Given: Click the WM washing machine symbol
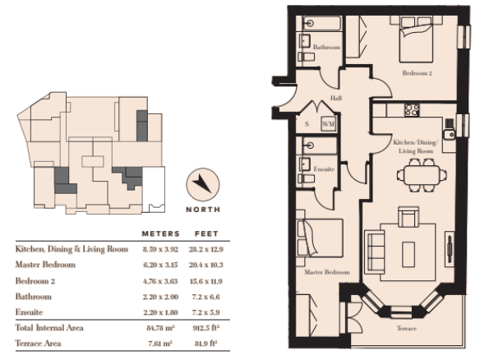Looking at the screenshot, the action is (328, 124).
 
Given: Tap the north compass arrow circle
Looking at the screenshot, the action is (203, 184).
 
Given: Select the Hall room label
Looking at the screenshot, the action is (336, 98).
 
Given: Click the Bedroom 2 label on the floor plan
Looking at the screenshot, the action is (417, 73).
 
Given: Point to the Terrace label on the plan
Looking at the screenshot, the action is (407, 328).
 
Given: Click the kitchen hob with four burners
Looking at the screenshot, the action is (412, 110).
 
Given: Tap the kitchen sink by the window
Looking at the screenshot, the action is (450, 134).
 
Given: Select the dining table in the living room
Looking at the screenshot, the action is (422, 175).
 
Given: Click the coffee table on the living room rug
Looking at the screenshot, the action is (408, 254).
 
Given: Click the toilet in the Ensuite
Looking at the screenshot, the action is (306, 178).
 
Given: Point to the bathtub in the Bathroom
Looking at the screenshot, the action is (322, 23).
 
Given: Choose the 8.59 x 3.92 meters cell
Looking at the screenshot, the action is (160, 249).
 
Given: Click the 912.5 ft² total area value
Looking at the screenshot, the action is (206, 328).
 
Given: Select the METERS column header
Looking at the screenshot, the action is (161, 234).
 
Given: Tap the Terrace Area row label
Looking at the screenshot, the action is (39, 344).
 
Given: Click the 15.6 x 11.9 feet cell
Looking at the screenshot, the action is (206, 281).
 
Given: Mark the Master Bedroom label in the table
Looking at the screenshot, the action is (45, 265).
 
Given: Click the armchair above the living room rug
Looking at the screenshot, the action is (408, 217).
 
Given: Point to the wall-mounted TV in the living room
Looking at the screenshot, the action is (450, 249).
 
